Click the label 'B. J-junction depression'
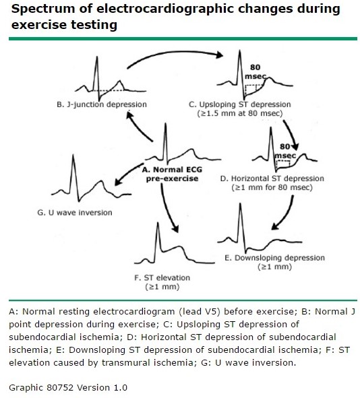(102, 104)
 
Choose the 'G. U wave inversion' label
(75, 212)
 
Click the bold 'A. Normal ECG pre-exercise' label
(172, 174)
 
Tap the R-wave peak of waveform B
(96, 57)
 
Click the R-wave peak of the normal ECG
(166, 124)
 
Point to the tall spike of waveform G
(73, 155)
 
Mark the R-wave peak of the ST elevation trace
(158, 223)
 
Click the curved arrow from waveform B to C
(175, 53)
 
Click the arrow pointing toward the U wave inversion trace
(128, 173)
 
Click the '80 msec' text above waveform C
(256, 71)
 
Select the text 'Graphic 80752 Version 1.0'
(68, 388)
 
